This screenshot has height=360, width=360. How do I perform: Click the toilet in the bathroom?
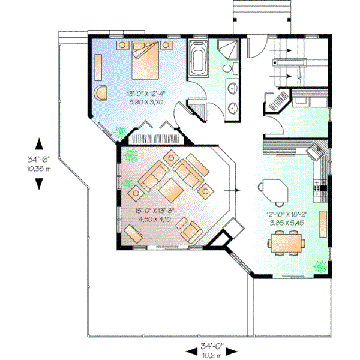click(x=226, y=71)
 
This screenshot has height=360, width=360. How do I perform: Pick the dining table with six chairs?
click(x=286, y=243)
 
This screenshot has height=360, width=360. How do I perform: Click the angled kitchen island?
click(x=274, y=191)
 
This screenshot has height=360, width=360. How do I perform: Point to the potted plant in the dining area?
click(x=320, y=265)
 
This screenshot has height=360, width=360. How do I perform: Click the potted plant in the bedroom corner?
click(x=121, y=130)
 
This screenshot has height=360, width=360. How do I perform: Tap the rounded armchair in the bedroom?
click(x=101, y=92)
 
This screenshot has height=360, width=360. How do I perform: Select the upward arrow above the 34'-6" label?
click(x=39, y=143)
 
